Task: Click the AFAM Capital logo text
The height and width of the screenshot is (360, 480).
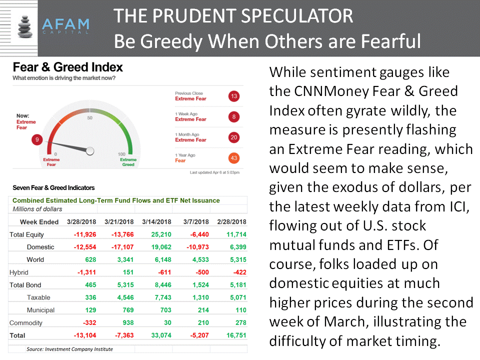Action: tap(66, 26)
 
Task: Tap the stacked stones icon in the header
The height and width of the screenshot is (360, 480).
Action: tap(25, 26)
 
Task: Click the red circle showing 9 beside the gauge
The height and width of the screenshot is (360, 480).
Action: tap(37, 140)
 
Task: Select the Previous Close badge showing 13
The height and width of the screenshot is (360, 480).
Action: tap(234, 96)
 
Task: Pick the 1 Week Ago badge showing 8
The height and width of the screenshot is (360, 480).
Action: tap(234, 116)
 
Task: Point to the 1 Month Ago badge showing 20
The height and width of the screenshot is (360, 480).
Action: tap(234, 137)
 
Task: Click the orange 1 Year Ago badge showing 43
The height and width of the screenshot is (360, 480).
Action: tap(234, 158)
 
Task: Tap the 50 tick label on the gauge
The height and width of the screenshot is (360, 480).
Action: tap(89, 118)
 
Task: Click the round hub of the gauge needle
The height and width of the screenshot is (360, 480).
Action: tap(90, 151)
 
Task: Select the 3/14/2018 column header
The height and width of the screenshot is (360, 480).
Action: tap(156, 221)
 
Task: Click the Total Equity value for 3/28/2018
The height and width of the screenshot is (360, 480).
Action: tap(85, 234)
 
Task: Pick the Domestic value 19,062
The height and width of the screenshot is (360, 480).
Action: tap(161, 247)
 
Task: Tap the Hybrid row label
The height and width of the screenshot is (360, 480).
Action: tap(18, 272)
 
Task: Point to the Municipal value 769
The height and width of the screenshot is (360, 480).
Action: tap(128, 310)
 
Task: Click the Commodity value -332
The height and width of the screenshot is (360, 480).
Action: tap(89, 322)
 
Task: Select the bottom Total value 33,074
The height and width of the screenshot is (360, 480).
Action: tap(161, 335)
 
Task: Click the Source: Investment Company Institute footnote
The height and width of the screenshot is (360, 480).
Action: tap(69, 349)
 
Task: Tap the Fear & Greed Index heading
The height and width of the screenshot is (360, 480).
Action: tap(67, 67)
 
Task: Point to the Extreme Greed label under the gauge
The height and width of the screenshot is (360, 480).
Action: tap(128, 162)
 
